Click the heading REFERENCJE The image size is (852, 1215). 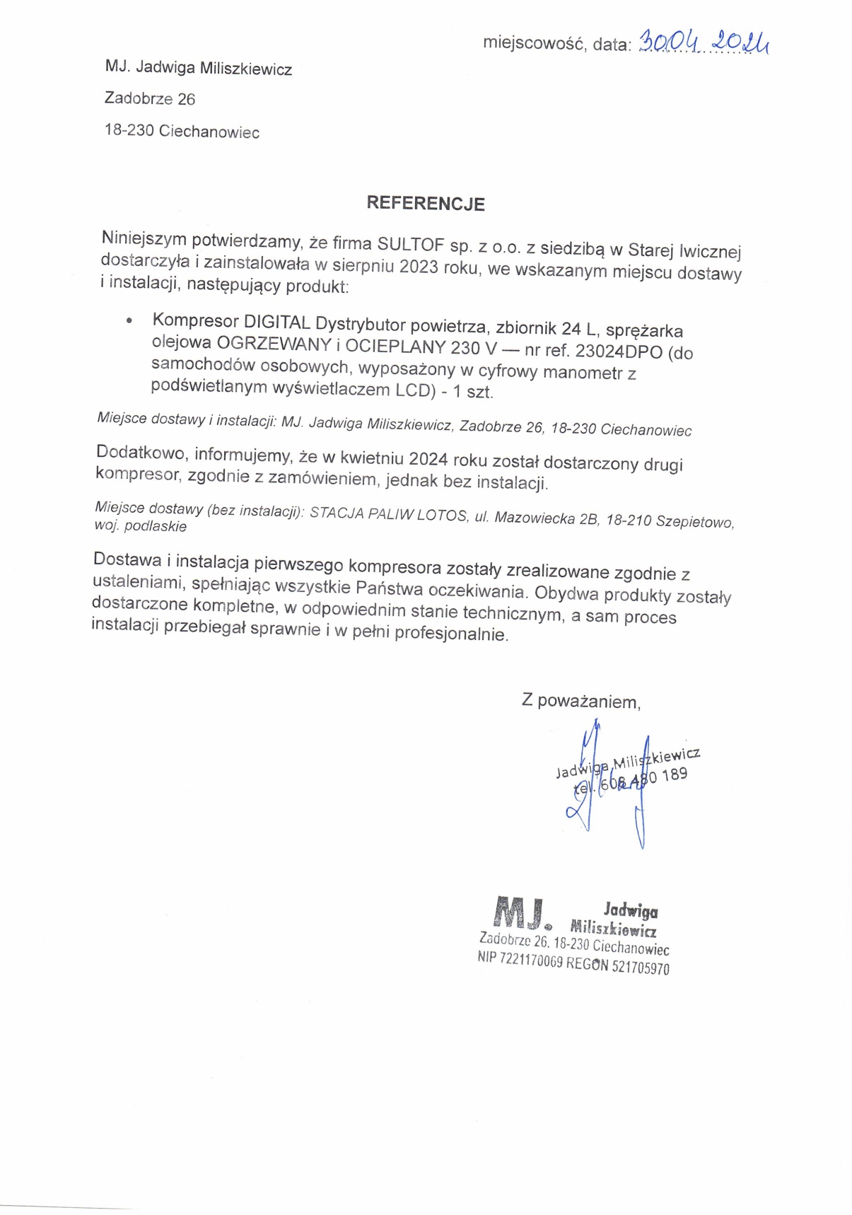tap(425, 204)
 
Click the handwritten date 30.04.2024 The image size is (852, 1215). tap(703, 43)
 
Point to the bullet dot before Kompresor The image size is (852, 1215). tap(129, 321)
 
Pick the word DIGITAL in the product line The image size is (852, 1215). tap(276, 322)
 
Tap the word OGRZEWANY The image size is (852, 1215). tap(274, 344)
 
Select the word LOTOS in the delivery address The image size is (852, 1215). tap(443, 516)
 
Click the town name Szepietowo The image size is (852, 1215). tap(694, 522)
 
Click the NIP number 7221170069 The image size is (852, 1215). tap(530, 960)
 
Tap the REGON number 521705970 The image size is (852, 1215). tap(640, 967)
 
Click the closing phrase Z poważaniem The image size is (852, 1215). tap(580, 702)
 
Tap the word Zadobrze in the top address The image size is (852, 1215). tap(139, 98)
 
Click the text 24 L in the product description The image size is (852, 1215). tap(579, 329)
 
